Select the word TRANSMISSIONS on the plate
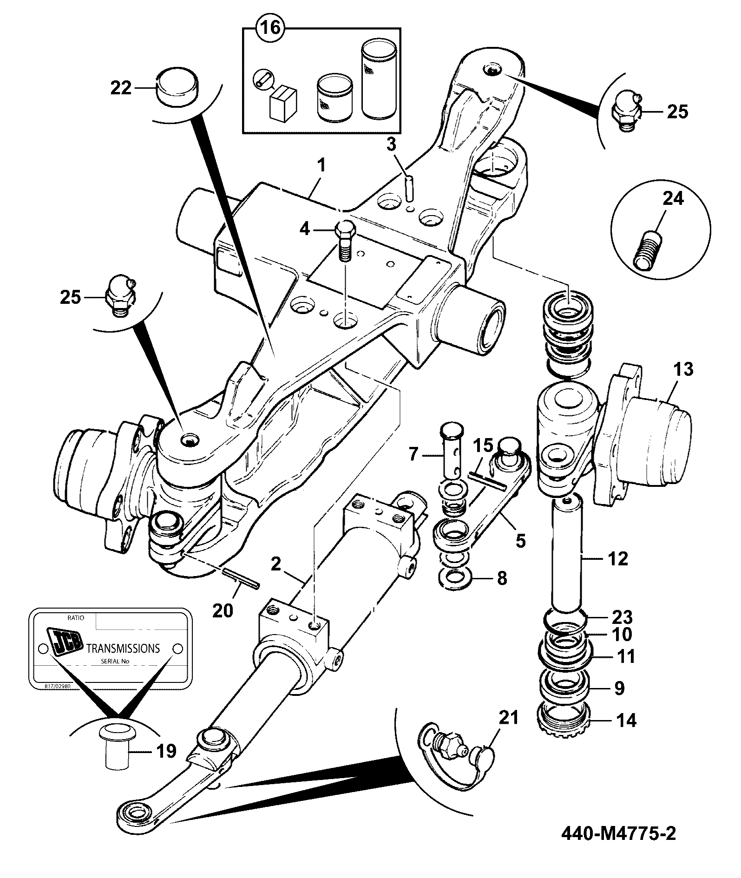point(124,648)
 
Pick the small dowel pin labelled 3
point(409,187)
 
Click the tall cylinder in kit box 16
point(377,80)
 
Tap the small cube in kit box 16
point(282,103)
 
